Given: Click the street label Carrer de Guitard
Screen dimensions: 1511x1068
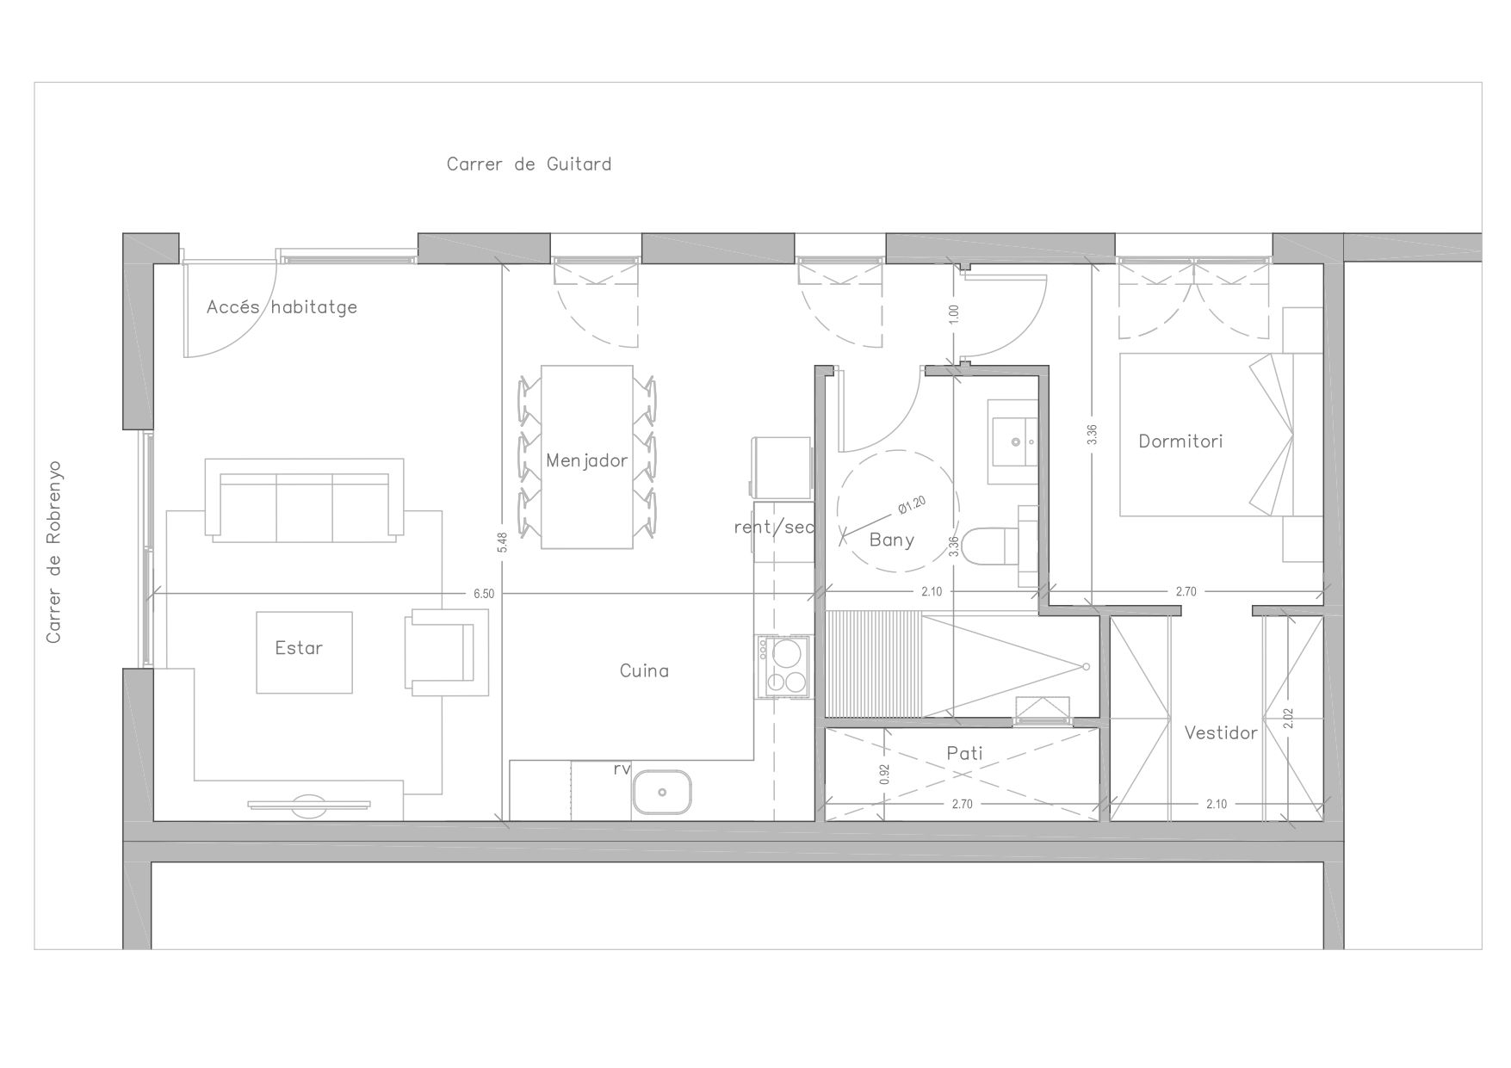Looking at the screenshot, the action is click(529, 164).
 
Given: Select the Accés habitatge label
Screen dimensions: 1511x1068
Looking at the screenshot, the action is click(282, 307).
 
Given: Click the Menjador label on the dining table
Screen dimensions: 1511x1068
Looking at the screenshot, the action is click(587, 460).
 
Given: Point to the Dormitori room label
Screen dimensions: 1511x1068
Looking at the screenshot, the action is click(1180, 441).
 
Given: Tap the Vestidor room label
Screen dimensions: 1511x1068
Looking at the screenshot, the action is click(1221, 733).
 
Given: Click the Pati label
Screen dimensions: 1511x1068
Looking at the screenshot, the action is click(964, 753).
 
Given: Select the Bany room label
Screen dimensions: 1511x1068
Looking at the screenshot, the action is click(892, 540).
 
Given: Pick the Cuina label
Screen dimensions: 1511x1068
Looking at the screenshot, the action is click(644, 670).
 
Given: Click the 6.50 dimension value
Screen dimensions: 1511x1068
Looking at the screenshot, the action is click(484, 594).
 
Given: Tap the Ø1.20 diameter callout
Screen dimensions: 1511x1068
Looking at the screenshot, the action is click(912, 505).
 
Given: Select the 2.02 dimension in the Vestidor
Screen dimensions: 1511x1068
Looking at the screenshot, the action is click(1288, 719).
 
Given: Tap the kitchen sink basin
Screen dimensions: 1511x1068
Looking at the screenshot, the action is click(662, 792).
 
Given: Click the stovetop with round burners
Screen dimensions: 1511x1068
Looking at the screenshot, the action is click(783, 666).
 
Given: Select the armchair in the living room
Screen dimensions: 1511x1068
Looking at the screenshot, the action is click(446, 651).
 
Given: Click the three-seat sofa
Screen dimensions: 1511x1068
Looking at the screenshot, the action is click(305, 500).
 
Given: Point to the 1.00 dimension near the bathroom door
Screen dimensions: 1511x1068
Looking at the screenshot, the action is click(953, 314).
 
